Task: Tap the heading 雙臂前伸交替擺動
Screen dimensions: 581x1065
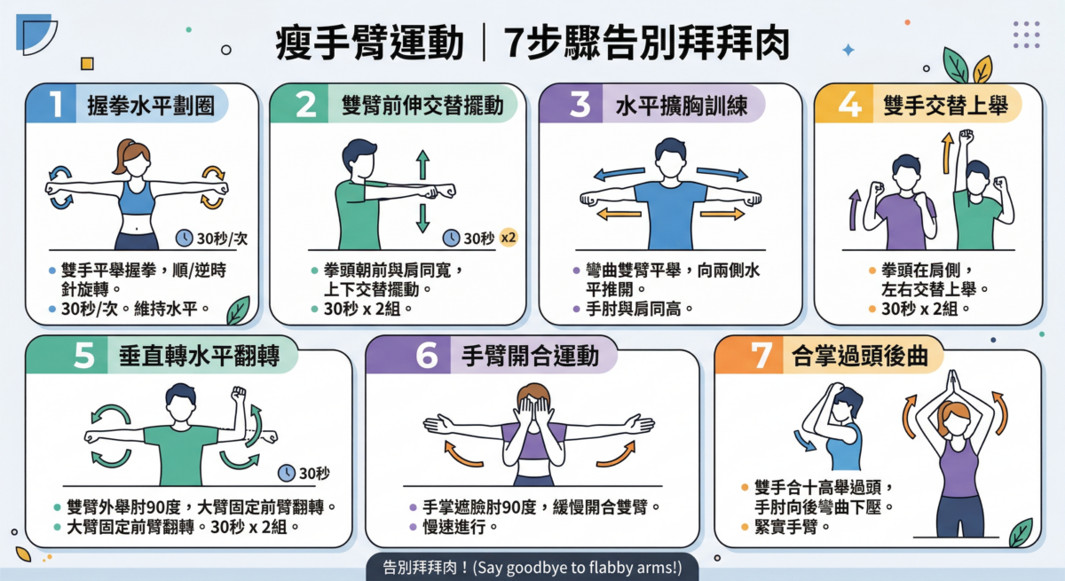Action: click(415, 106)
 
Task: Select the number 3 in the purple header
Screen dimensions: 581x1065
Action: click(580, 105)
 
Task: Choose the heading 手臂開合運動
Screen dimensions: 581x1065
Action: click(524, 357)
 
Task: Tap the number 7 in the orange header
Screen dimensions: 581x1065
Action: click(761, 356)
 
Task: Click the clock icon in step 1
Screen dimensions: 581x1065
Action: click(184, 238)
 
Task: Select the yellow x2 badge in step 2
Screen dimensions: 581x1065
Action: click(509, 238)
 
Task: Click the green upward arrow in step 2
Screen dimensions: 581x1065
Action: click(422, 166)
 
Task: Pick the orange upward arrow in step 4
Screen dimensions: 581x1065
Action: click(947, 148)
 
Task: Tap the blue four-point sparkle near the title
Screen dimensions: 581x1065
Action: click(848, 51)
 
